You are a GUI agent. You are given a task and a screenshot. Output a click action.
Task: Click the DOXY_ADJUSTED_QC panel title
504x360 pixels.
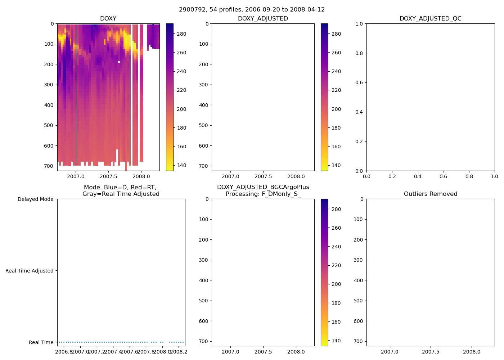[x=430, y=19]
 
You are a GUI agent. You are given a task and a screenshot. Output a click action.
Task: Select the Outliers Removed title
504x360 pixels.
[x=430, y=194]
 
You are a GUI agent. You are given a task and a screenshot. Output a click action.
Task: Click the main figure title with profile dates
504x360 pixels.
[x=252, y=10]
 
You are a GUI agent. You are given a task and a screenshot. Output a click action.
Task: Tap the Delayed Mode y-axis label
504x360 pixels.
[x=35, y=199]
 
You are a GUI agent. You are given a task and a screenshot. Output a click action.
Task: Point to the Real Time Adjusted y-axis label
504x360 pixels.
[x=29, y=271]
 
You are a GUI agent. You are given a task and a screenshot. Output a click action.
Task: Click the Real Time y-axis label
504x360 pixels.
[x=41, y=342]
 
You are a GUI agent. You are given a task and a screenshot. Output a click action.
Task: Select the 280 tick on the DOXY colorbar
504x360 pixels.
[x=181, y=34]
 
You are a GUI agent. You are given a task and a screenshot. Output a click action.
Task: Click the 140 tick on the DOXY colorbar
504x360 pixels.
[x=181, y=165]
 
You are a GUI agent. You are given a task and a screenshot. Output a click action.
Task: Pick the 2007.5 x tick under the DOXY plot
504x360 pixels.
[x=108, y=176]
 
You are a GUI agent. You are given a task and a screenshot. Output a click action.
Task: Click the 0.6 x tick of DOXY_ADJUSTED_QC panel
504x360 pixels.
[x=443, y=176]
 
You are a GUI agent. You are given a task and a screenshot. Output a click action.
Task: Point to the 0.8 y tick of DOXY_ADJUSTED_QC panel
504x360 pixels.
[x=359, y=53]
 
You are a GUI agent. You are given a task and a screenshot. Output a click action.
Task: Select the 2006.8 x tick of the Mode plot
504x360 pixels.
[x=64, y=352]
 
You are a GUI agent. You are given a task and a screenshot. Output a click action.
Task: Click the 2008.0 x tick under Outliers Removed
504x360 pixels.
[x=472, y=352]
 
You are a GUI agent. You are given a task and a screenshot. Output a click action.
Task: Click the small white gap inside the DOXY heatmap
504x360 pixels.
[x=119, y=62]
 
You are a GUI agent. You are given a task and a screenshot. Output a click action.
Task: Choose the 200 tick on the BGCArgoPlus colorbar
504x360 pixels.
[x=336, y=284]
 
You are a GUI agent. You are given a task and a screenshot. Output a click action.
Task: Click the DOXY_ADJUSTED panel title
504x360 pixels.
[x=263, y=19]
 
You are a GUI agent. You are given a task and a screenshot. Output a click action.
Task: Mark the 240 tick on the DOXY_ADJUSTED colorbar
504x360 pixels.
[x=336, y=71]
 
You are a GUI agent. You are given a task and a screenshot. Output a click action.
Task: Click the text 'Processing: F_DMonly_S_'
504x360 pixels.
[x=263, y=194]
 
